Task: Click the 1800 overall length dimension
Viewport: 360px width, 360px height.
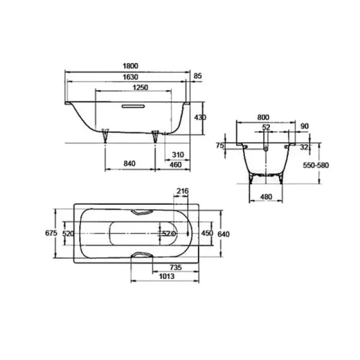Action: pyautogui.click(x=129, y=66)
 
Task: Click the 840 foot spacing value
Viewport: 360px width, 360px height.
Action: pyautogui.click(x=129, y=164)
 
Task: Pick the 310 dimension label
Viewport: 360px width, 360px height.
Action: pyautogui.click(x=178, y=154)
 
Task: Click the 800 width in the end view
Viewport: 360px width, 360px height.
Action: pyautogui.click(x=263, y=117)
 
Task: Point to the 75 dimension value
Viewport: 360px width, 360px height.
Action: pyautogui.click(x=220, y=146)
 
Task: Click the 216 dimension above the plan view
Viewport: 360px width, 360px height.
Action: pyautogui.click(x=182, y=192)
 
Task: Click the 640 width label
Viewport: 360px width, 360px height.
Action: pyautogui.click(x=224, y=233)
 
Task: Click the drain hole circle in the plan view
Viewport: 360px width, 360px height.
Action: pyautogui.click(x=174, y=233)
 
